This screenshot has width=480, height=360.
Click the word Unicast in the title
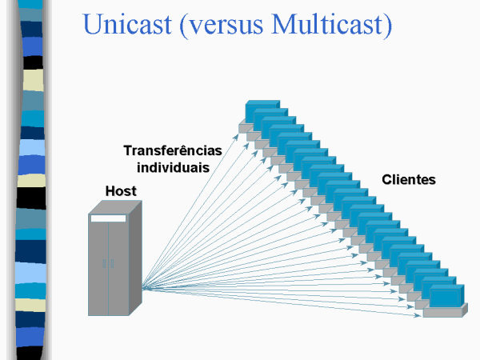pyautogui.click(x=127, y=24)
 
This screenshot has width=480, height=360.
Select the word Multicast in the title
pyautogui.click(x=327, y=24)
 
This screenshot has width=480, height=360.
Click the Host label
pyautogui.click(x=121, y=191)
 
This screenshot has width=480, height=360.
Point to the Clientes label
pyautogui.click(x=409, y=179)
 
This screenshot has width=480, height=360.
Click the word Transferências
pyautogui.click(x=173, y=150)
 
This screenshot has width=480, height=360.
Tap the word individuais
pyautogui.click(x=174, y=167)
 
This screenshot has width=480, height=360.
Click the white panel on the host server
pyautogui.click(x=108, y=218)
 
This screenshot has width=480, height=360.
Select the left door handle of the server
pyautogui.click(x=104, y=263)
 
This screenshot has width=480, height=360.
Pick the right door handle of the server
pyautogui.click(x=112, y=263)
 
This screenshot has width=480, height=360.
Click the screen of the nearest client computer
pyautogui.click(x=444, y=296)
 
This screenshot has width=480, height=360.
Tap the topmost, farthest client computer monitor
pyautogui.click(x=262, y=111)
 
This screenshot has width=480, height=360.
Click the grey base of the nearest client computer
pyautogui.click(x=445, y=312)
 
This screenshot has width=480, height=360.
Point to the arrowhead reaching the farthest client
pyautogui.click(x=236, y=137)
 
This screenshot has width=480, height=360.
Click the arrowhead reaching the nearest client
pyautogui.click(x=418, y=315)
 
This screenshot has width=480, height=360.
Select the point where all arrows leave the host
pyautogui.click(x=143, y=288)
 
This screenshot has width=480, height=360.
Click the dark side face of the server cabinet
pyautogui.click(x=136, y=258)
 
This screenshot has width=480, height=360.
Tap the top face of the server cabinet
pyautogui.click(x=115, y=207)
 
